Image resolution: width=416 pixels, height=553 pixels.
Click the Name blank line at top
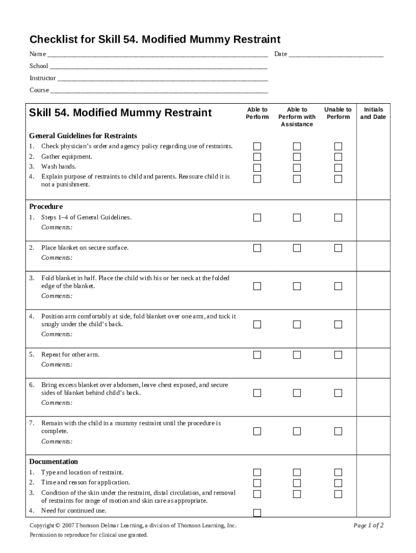tap(157, 55)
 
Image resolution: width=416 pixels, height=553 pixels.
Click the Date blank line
tap(336, 55)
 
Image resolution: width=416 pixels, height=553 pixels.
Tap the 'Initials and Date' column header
tap(373, 113)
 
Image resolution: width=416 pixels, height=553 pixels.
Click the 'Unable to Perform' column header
tap(338, 113)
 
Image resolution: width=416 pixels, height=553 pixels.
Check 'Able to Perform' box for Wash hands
tap(257, 167)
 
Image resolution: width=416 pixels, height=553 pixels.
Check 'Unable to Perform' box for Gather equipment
tap(338, 157)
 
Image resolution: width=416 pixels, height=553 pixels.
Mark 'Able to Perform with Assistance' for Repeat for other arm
tap(297, 355)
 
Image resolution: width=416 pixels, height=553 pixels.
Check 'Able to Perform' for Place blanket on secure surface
tap(257, 248)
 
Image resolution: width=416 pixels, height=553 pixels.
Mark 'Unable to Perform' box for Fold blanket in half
tap(338, 286)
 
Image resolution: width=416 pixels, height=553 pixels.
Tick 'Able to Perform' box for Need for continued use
tap(257, 512)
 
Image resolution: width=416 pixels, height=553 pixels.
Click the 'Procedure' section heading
tap(46, 206)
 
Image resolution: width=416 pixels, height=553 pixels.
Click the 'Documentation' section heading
tap(53, 462)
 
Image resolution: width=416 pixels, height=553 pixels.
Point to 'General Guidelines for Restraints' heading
tap(83, 136)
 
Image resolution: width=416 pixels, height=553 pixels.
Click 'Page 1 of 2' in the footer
tap(368, 525)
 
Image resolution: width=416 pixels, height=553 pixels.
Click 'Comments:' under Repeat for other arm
tap(57, 365)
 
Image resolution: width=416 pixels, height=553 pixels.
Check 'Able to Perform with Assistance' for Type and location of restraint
tap(297, 473)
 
